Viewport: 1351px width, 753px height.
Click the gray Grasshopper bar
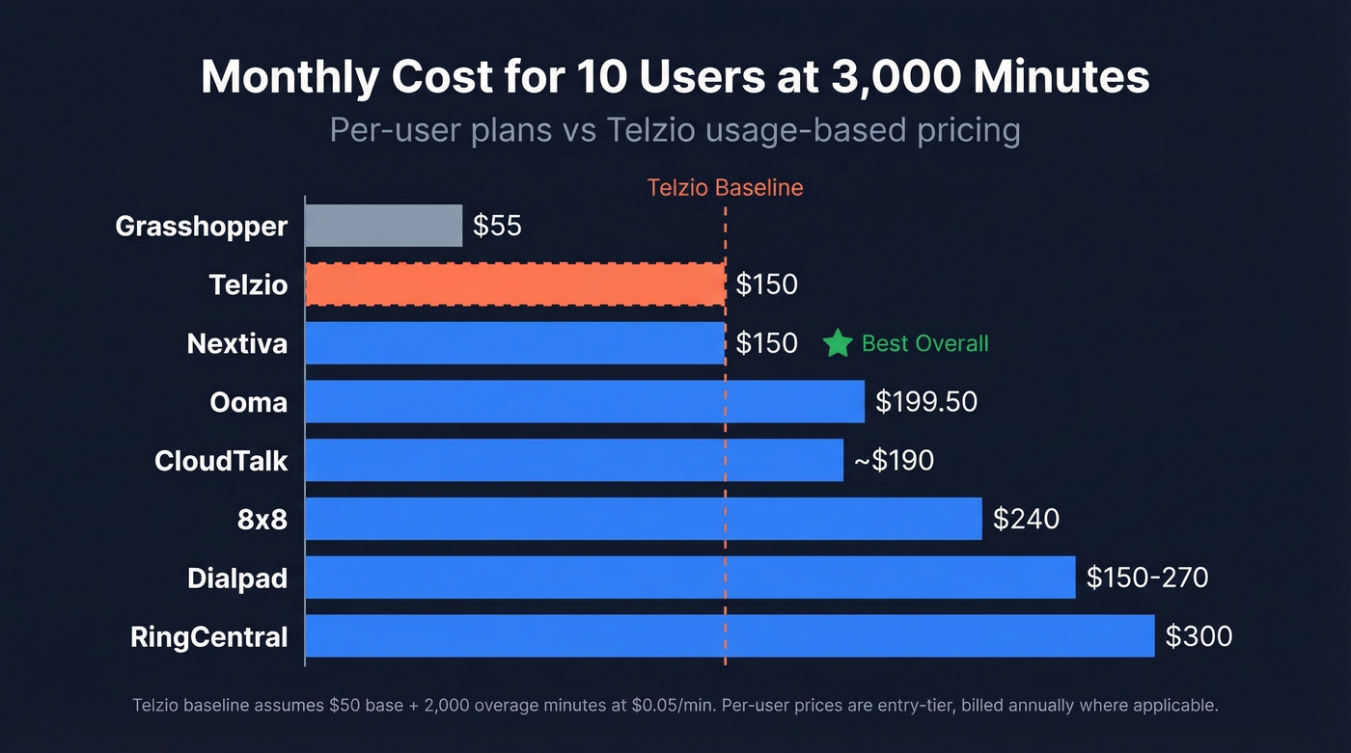(x=383, y=226)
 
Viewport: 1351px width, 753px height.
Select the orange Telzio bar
(x=514, y=284)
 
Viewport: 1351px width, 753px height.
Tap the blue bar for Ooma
(x=584, y=401)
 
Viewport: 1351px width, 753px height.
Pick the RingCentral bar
(x=730, y=636)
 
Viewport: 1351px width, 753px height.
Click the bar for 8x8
(x=643, y=519)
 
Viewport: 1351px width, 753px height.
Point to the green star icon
(x=838, y=343)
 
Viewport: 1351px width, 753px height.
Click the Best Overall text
(x=924, y=343)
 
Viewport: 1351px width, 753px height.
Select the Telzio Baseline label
(x=725, y=187)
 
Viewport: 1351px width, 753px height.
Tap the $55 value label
(x=497, y=226)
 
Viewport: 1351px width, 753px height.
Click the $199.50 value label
(x=925, y=401)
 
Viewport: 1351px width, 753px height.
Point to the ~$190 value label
(x=894, y=461)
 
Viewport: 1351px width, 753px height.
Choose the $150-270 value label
(x=1146, y=578)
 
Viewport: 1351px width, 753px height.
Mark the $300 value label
(x=1199, y=636)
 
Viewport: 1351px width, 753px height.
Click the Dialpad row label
(x=237, y=578)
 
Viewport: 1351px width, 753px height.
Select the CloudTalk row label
(x=221, y=461)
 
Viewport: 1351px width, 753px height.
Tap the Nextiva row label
(x=237, y=343)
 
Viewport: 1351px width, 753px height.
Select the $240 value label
(x=1026, y=519)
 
